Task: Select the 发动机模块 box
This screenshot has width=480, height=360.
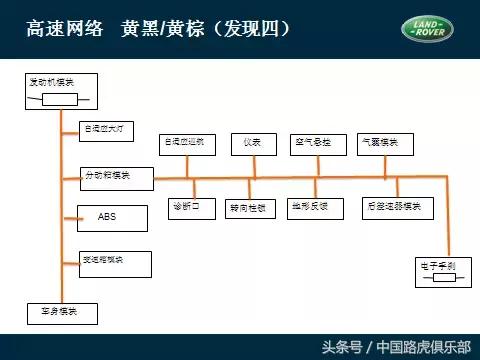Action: point(60,89)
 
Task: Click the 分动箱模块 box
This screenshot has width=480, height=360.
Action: point(116,178)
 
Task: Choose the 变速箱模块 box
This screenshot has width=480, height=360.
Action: point(114,263)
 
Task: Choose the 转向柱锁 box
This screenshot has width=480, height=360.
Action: point(251,208)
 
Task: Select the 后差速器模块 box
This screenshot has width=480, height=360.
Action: point(397,208)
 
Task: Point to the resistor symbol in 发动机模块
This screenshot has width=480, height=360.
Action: point(60,99)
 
